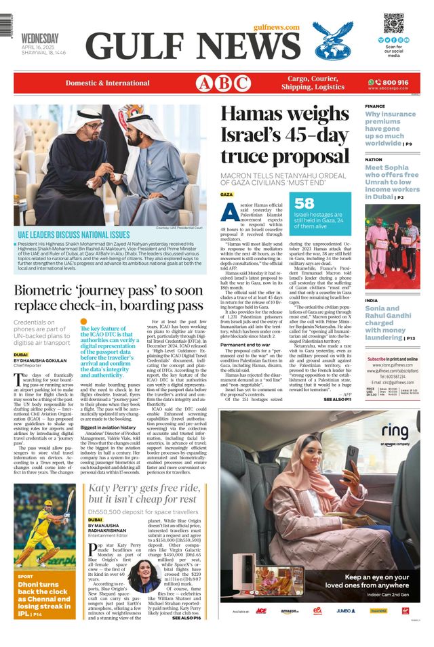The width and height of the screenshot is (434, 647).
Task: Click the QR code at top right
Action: coord(393,23)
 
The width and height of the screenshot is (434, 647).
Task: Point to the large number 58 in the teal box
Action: coord(304,203)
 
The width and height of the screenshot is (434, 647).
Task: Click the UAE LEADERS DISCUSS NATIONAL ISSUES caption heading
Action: coord(73,234)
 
